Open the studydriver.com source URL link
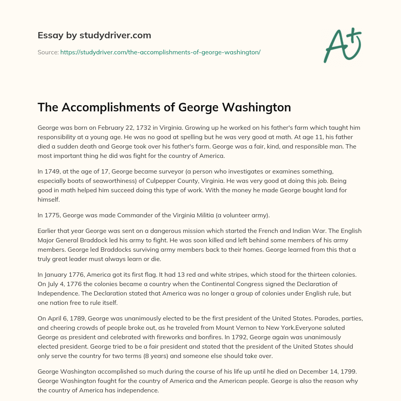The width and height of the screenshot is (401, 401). [x=160, y=52]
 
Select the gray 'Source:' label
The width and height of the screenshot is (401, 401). [x=48, y=52]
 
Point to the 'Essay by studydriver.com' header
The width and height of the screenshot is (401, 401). [x=94, y=35]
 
